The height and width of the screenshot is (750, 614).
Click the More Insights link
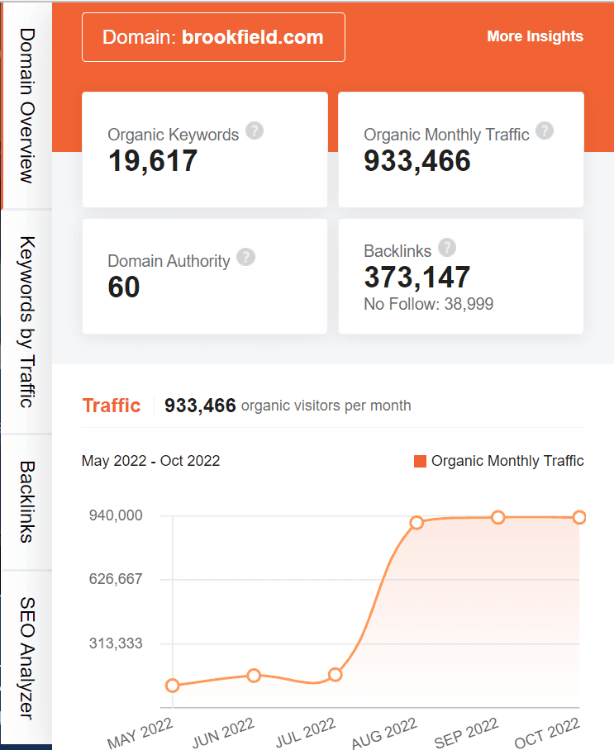pos(535,36)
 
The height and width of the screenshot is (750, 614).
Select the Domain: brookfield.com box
pos(213,37)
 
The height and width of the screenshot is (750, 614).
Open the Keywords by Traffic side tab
pos(26,322)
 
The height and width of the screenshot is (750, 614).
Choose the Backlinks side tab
pos(26,501)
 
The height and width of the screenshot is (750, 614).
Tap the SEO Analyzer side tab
pos(26,657)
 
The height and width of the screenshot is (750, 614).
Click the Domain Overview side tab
pos(26,105)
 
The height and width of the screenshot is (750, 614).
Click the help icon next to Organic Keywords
pos(255,131)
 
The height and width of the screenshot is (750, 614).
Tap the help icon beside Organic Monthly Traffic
pos(544,131)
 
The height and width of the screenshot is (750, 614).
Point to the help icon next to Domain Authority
pos(245,257)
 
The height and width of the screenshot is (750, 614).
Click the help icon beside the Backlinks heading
pos(447,247)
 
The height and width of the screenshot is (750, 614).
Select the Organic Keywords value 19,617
pos(153,160)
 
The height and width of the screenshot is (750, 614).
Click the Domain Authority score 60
pos(124,287)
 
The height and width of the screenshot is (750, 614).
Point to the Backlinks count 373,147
pos(416,277)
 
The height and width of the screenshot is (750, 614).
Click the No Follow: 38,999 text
pos(428,304)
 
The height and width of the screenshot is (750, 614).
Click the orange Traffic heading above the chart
pos(112,406)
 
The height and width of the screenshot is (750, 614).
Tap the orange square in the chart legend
pos(420,461)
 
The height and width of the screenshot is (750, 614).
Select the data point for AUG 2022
pos(416,522)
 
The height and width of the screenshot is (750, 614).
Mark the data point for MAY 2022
pos(173,686)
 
